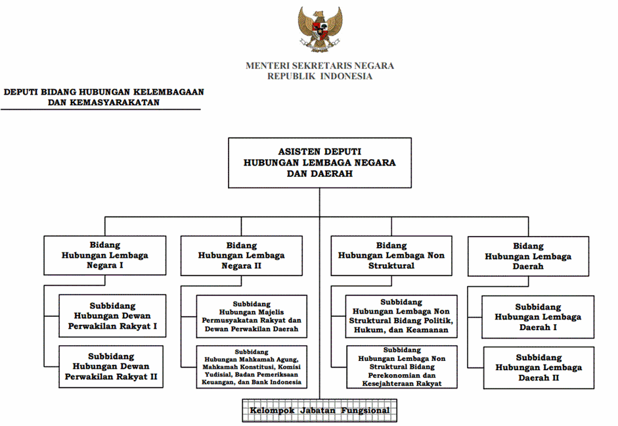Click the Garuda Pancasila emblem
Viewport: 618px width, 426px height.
(320, 29)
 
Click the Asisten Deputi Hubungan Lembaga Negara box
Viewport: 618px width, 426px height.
(320, 162)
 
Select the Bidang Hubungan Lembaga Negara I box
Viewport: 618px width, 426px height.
(105, 255)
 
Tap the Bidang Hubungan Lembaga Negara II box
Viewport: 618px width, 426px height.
(242, 256)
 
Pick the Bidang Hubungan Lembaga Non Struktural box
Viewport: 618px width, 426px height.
(391, 256)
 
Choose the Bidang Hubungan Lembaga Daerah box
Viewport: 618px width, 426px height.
(528, 256)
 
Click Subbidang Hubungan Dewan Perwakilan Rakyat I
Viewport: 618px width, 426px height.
(112, 316)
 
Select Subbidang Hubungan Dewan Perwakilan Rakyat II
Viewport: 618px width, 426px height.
(111, 367)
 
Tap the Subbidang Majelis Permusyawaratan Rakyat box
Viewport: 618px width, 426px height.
(252, 316)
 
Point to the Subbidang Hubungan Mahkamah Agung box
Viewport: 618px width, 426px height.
(252, 367)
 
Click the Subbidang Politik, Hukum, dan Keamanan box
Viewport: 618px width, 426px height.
(401, 316)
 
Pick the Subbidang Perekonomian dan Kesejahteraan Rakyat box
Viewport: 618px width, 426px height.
(402, 367)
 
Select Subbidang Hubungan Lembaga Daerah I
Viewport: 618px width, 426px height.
(538, 317)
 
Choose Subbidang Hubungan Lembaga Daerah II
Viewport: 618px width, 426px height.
(539, 367)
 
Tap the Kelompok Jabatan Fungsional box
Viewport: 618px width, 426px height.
(320, 411)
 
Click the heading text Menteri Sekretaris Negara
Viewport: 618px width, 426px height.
(320, 66)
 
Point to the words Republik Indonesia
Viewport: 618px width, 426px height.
(320, 76)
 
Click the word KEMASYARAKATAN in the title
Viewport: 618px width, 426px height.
(115, 103)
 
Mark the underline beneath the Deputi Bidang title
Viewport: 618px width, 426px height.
(100, 109)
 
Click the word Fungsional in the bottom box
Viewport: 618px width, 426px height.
(365, 411)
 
